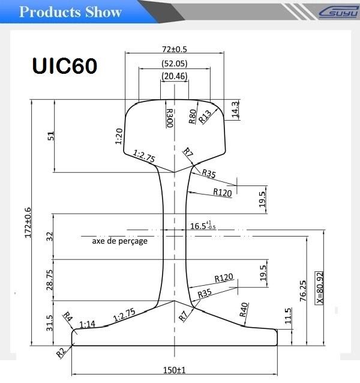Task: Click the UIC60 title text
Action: tap(63, 65)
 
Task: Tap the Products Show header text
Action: tap(70, 12)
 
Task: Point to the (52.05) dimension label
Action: tap(174, 63)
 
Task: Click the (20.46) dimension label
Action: tap(174, 76)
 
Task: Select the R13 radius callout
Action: tap(206, 116)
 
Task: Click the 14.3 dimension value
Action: tap(235, 109)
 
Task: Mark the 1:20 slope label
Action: tap(119, 136)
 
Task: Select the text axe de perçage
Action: tap(119, 241)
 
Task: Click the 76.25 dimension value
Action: tap(304, 291)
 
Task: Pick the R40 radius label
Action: tap(244, 309)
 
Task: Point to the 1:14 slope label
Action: tap(86, 324)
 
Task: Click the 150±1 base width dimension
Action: tap(175, 370)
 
